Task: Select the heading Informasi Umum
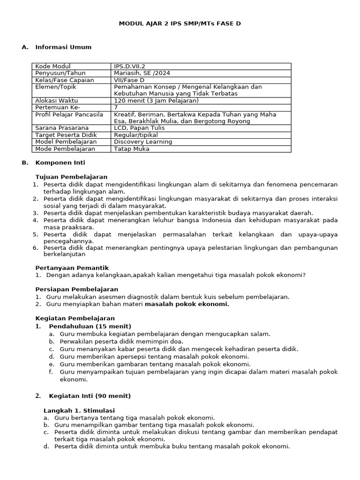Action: [63, 47]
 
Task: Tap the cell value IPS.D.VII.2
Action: [133, 67]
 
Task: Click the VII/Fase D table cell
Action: [130, 80]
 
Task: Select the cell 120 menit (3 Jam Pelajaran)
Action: [156, 101]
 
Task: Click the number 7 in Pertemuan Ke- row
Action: [116, 107]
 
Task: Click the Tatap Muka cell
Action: [132, 149]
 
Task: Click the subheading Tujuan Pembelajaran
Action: [71, 177]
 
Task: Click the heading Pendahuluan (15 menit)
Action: [90, 326]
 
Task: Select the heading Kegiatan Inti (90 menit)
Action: [90, 396]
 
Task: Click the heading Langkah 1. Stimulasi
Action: [79, 410]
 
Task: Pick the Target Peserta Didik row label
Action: [64, 135]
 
